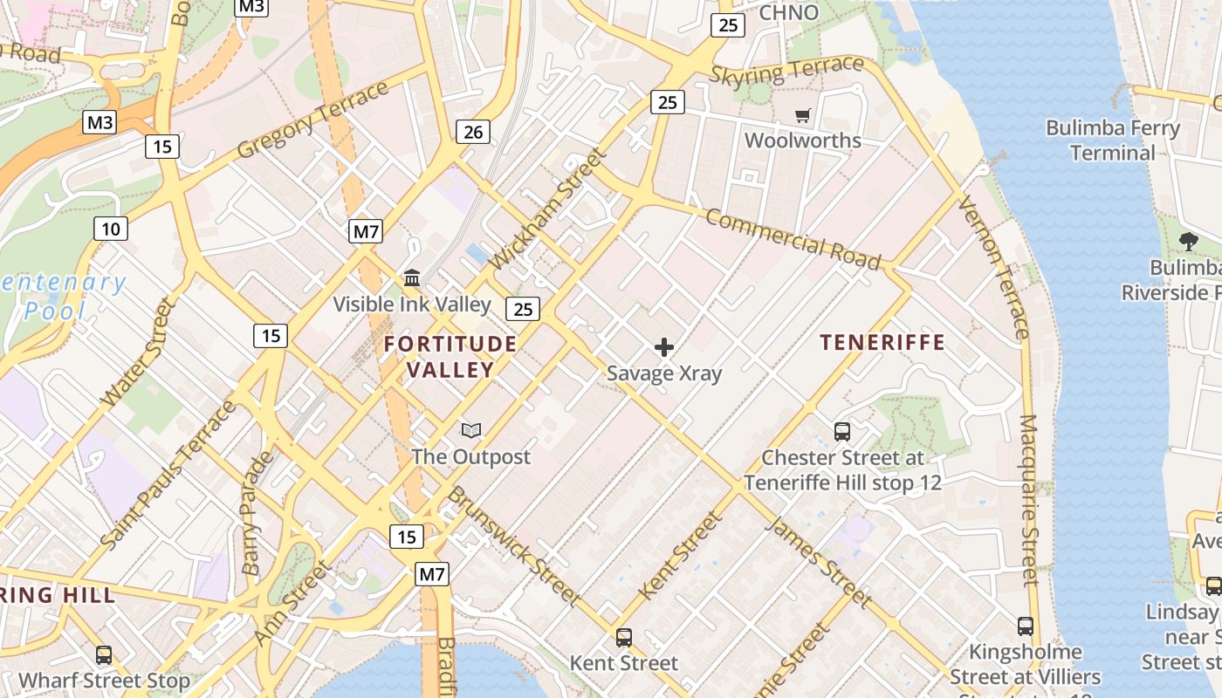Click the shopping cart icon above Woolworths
[802, 115]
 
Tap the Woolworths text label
[802, 140]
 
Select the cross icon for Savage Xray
[664, 347]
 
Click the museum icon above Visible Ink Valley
[412, 277]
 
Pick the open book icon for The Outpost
[471, 430]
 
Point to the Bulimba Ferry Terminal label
[1112, 140]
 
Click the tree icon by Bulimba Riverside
[1188, 242]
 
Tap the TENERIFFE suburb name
[882, 342]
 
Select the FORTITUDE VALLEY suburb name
[450, 356]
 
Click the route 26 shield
[472, 132]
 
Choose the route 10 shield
[111, 229]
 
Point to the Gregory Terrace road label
[312, 120]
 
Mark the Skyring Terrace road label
[786, 71]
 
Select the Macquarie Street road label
[1029, 499]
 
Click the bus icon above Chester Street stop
[842, 431]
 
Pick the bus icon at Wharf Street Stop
[104, 654]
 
